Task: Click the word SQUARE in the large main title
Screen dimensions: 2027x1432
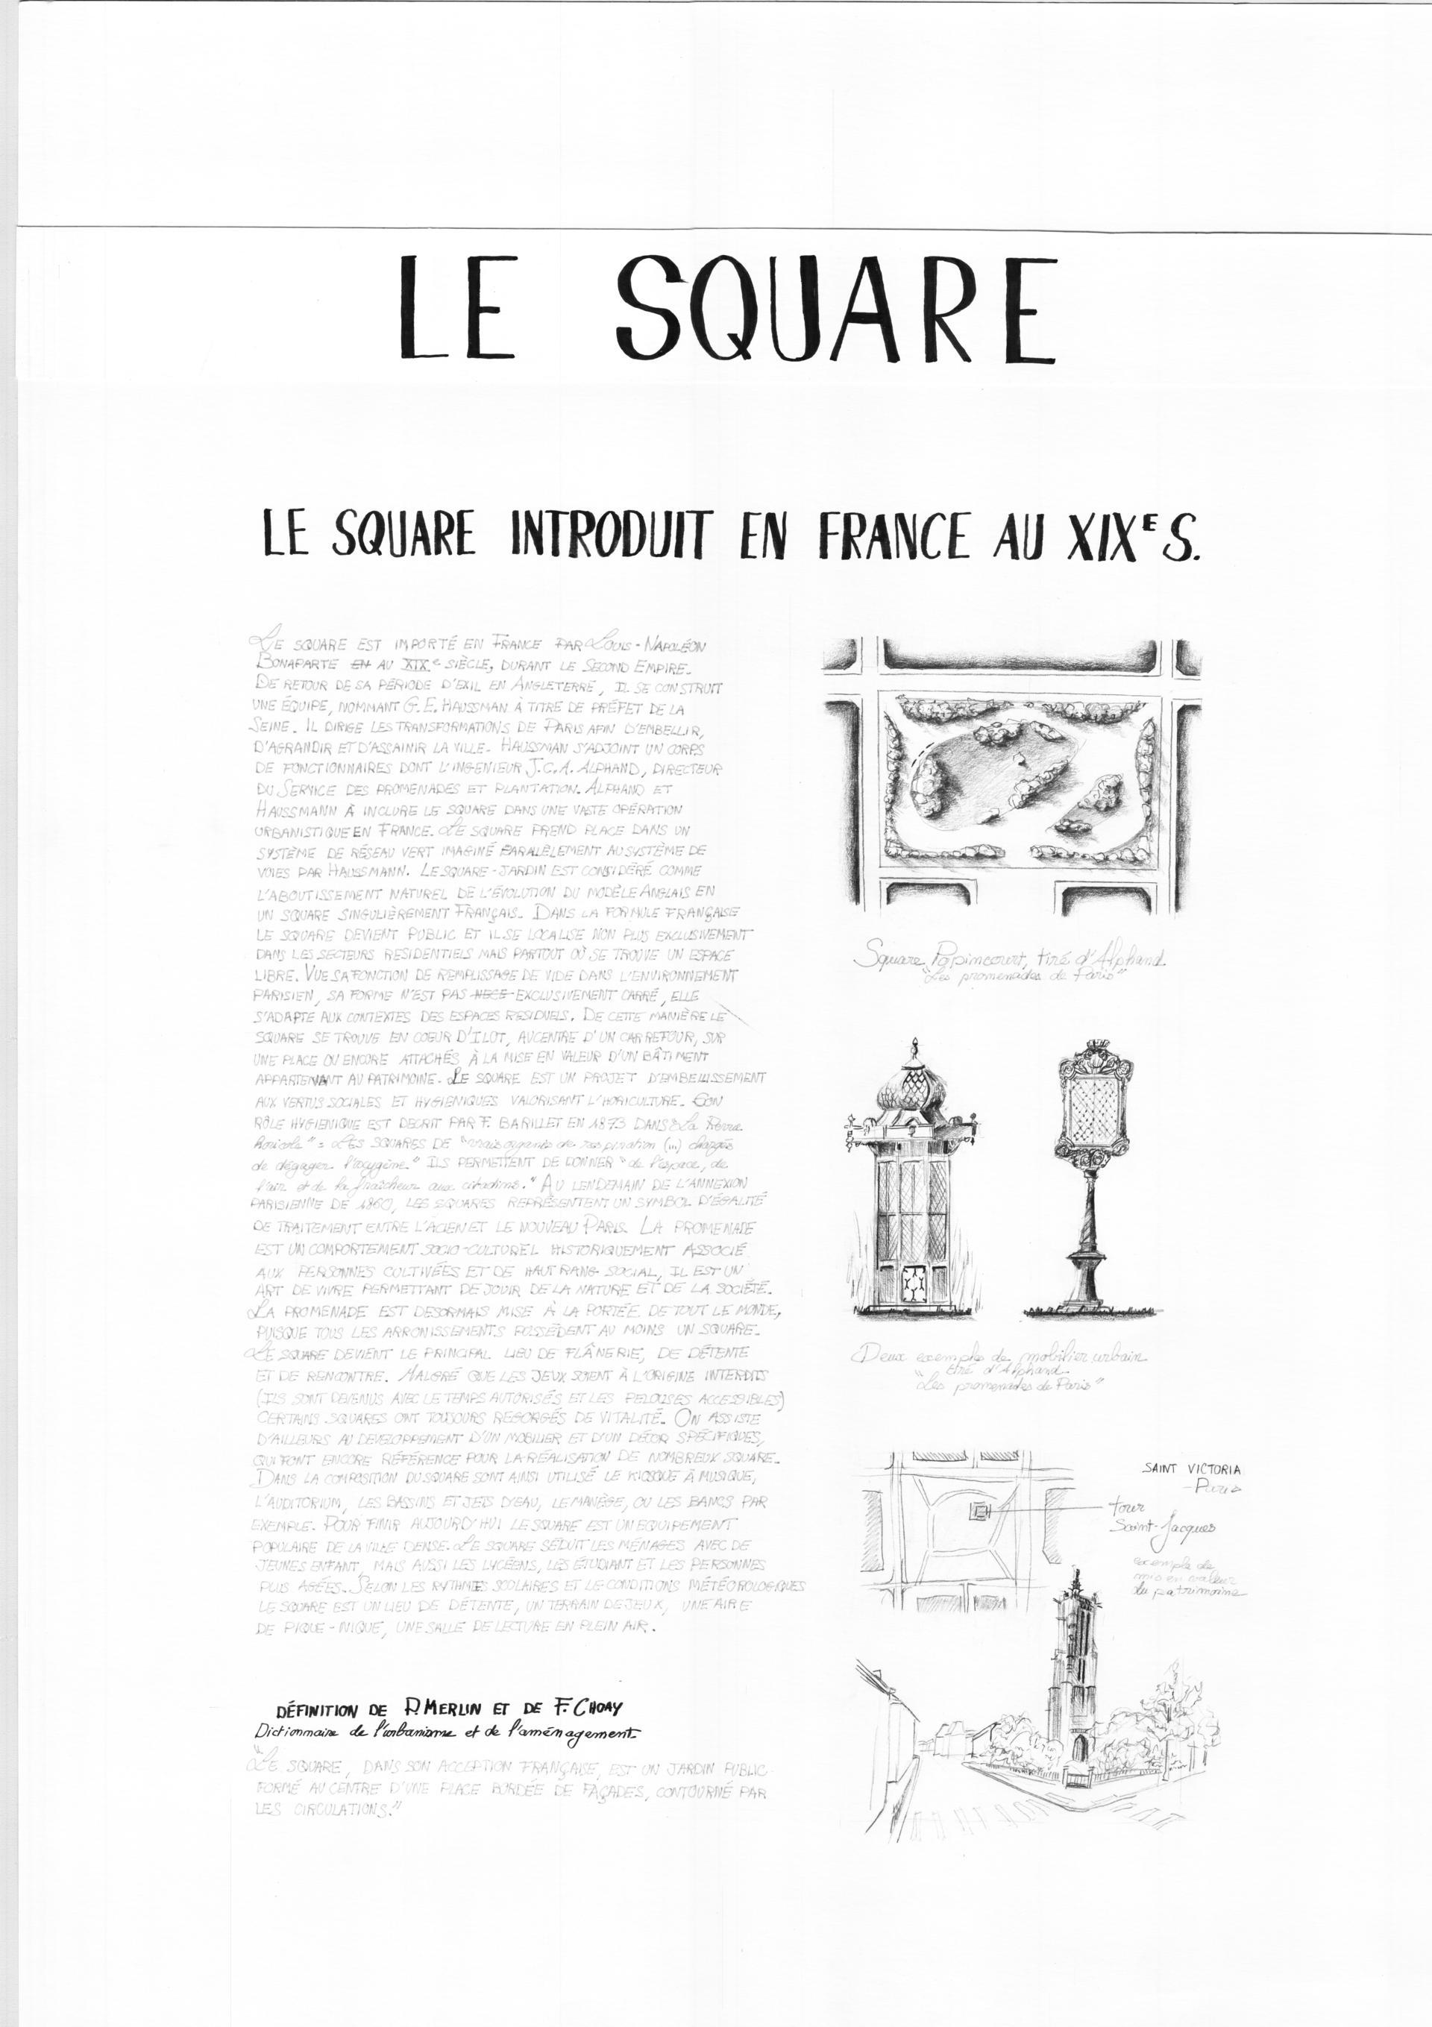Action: [835, 307]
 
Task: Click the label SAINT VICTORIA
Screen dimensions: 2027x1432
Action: [1190, 1469]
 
